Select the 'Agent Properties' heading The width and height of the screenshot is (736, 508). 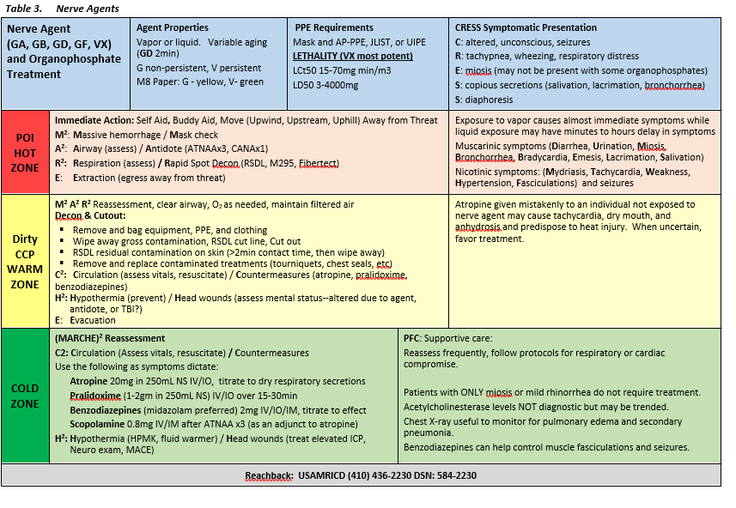(x=172, y=27)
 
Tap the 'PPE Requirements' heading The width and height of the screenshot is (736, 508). (x=333, y=27)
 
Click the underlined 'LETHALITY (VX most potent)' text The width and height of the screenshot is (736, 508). (x=340, y=56)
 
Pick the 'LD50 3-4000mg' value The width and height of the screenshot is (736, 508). (x=326, y=85)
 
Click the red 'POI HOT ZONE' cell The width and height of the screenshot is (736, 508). (x=25, y=152)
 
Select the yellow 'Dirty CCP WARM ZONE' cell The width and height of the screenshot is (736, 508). (x=25, y=262)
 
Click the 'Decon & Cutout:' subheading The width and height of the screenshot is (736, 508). (x=90, y=216)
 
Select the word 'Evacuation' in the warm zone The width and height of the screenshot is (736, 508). (x=99, y=320)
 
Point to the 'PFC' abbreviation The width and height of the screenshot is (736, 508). (x=412, y=339)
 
